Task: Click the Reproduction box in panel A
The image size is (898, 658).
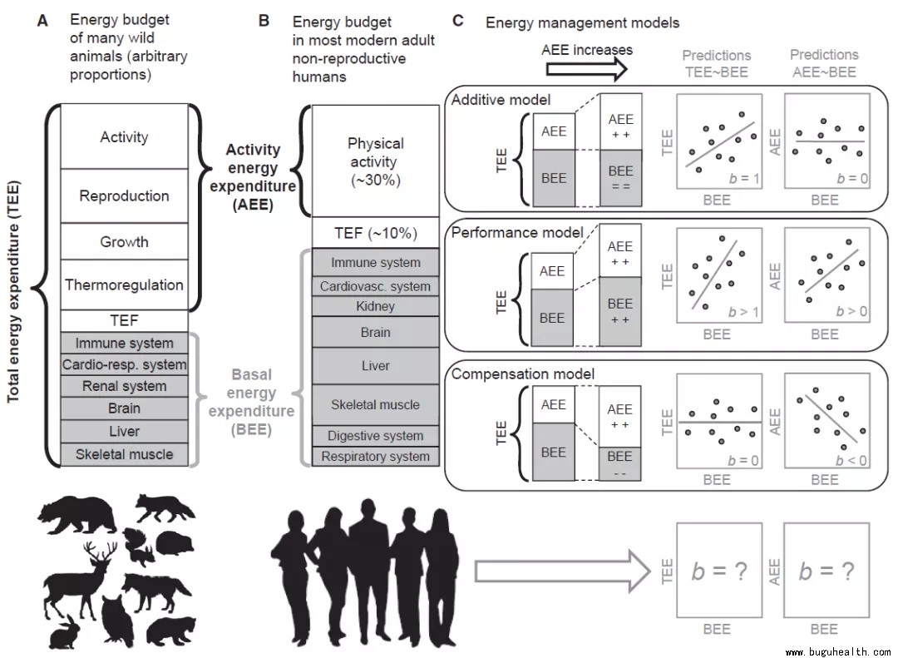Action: click(x=124, y=196)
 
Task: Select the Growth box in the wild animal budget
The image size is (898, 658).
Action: click(x=124, y=242)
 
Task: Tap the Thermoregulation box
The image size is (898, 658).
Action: click(x=124, y=285)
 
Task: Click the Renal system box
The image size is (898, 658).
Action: click(x=124, y=386)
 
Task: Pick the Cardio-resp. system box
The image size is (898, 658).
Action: click(x=124, y=364)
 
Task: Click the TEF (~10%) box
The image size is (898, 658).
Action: click(x=375, y=232)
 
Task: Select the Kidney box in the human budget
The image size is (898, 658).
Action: click(x=375, y=306)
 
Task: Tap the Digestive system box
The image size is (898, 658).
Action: click(x=375, y=436)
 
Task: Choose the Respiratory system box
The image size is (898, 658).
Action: click(x=375, y=456)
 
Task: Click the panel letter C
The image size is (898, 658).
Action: click(x=458, y=21)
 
